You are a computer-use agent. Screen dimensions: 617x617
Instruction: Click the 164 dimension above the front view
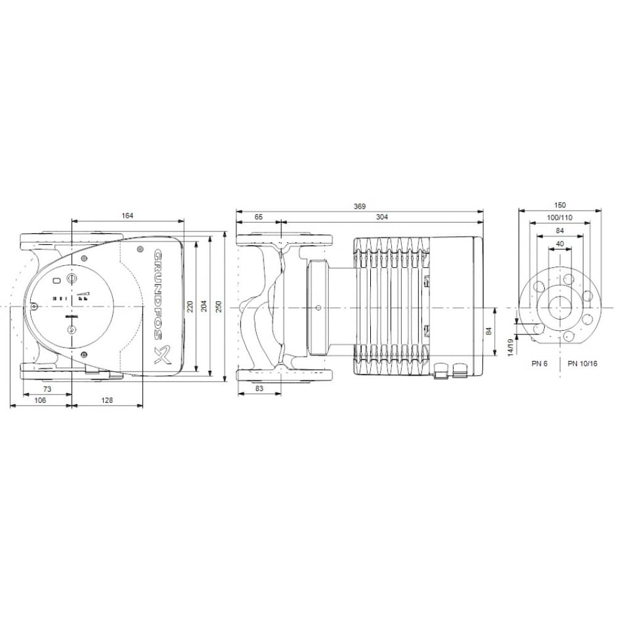pos(128,215)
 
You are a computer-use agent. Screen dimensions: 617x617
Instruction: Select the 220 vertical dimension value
pos(190,306)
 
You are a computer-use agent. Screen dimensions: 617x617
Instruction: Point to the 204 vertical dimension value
pos(204,306)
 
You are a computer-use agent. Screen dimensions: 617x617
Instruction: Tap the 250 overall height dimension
pos(218,306)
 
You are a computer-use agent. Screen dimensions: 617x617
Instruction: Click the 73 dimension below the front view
pos(47,389)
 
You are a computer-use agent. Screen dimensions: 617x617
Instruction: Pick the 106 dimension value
pos(40,400)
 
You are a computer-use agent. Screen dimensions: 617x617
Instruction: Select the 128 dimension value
pos(107,400)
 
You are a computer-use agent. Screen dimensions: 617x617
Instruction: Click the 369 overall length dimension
pos(360,205)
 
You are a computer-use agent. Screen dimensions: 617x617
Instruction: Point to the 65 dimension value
pos(258,217)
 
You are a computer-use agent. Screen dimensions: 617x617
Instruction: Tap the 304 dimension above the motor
pos(382,217)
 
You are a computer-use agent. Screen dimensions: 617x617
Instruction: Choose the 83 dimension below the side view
pos(259,389)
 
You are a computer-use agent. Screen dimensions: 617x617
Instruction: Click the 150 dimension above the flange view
pos(560,205)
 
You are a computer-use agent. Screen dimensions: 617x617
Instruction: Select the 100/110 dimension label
pos(560,218)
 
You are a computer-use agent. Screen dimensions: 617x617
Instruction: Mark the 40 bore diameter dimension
pos(560,244)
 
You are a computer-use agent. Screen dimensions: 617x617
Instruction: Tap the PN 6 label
pos(540,364)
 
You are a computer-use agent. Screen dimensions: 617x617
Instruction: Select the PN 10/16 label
pos(583,364)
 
